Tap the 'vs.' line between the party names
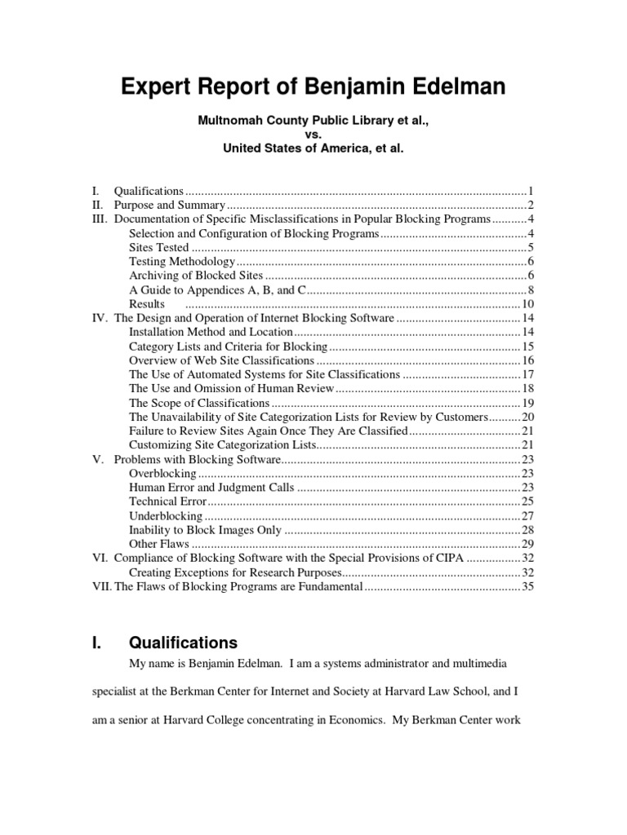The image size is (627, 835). [x=313, y=135]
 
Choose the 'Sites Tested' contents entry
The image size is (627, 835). [x=159, y=247]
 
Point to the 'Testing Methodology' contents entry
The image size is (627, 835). [x=182, y=262]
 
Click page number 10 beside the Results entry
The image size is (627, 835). [x=527, y=304]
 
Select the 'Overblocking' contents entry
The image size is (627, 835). [x=162, y=474]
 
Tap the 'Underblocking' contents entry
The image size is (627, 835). [x=166, y=516]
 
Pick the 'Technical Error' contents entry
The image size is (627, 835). [x=168, y=501]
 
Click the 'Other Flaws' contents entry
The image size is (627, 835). [x=159, y=544]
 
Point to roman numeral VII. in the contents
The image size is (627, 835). [x=100, y=587]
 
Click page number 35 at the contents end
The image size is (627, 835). [x=527, y=587]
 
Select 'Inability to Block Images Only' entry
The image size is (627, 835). [x=205, y=530]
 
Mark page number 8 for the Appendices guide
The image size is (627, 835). [x=531, y=289]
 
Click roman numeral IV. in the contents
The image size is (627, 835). [x=100, y=318]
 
